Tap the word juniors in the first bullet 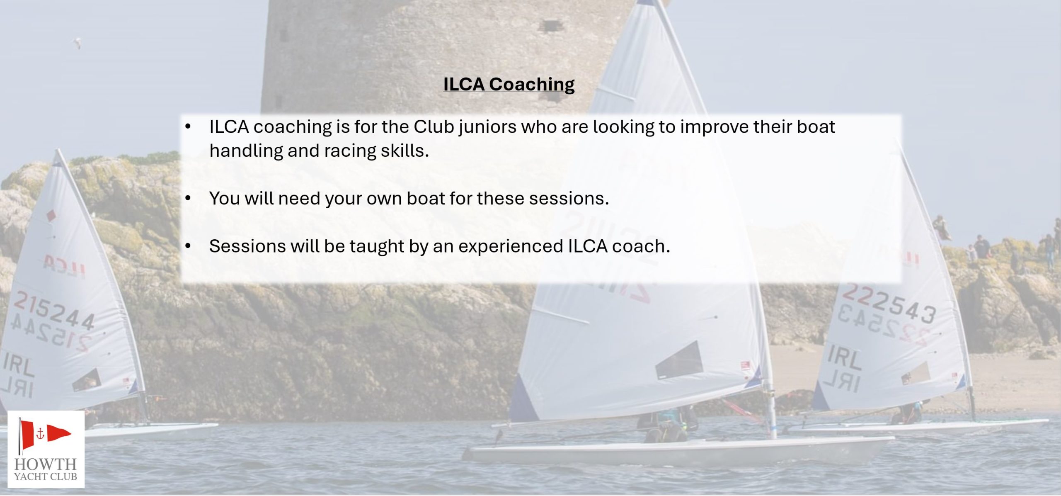tap(487, 127)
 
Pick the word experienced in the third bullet tap(511, 247)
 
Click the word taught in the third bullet tap(377, 246)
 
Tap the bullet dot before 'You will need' tap(188, 199)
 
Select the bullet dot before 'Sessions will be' tap(188, 246)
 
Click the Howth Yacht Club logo tap(46, 449)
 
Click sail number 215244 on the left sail tap(54, 310)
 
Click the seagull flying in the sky tap(77, 42)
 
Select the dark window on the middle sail tap(679, 360)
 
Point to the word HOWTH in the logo tap(46, 464)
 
